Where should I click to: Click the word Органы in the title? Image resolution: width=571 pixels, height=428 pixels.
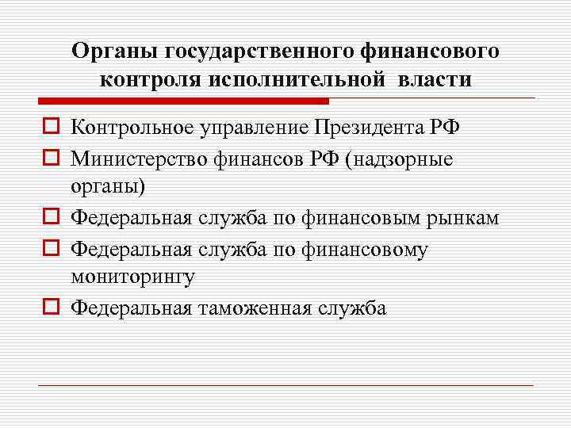[x=115, y=52]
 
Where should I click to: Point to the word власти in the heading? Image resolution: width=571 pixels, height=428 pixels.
[x=435, y=79]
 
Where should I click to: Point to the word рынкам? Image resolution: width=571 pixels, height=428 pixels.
[x=467, y=218]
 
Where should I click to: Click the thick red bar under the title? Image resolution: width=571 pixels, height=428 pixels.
[x=183, y=101]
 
